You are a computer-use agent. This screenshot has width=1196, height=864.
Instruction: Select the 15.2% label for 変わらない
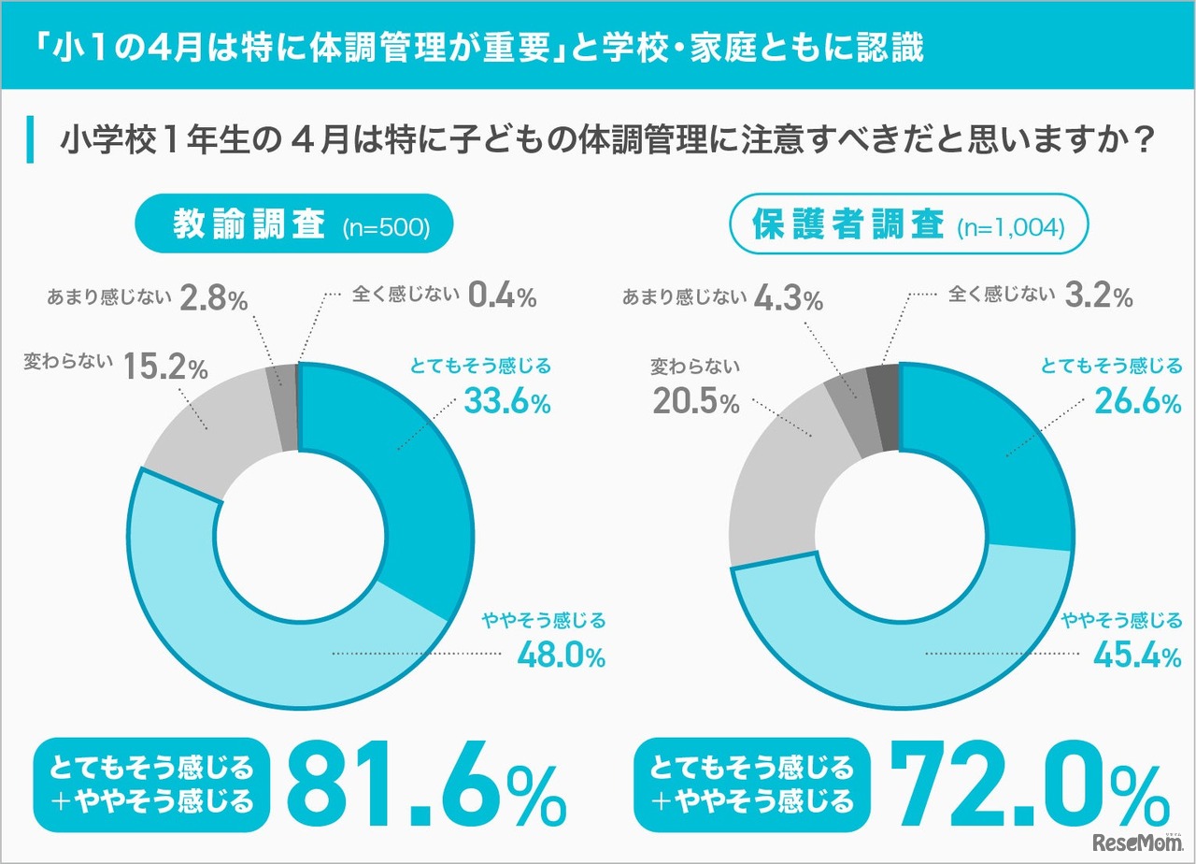(164, 367)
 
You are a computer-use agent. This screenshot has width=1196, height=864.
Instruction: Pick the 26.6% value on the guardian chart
(1137, 402)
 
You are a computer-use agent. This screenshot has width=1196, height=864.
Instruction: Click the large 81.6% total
(425, 785)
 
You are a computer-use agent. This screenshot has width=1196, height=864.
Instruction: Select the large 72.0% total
(1028, 785)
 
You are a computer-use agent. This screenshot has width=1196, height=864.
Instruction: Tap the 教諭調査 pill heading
(249, 224)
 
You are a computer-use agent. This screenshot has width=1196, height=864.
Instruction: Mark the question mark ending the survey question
(1142, 140)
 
